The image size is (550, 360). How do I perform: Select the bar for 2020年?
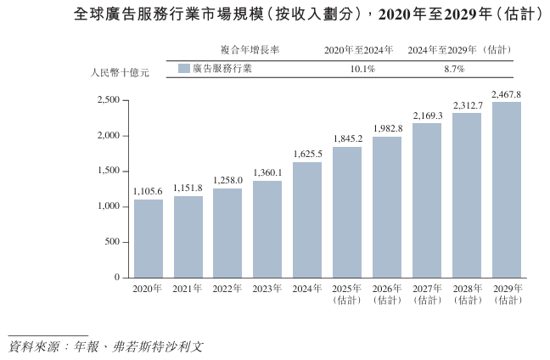pos(149,239)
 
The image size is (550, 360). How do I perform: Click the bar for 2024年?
pos(307,220)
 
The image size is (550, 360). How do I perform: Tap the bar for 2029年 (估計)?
pos(507,189)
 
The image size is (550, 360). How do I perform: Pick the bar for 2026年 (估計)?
pos(387,207)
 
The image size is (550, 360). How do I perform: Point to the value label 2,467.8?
pos(507,93)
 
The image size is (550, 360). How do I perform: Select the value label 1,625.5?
pos(307,154)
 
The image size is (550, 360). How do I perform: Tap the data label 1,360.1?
pos(267,172)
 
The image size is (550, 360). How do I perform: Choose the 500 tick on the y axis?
pos(112,242)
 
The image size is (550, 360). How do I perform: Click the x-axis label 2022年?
pos(227,290)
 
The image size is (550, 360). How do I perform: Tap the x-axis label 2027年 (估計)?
pos(427,295)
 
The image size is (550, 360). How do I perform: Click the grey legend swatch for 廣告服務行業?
pos(184,69)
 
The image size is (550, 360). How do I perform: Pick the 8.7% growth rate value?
pos(454,69)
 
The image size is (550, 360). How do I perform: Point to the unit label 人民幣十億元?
pos(120,74)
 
